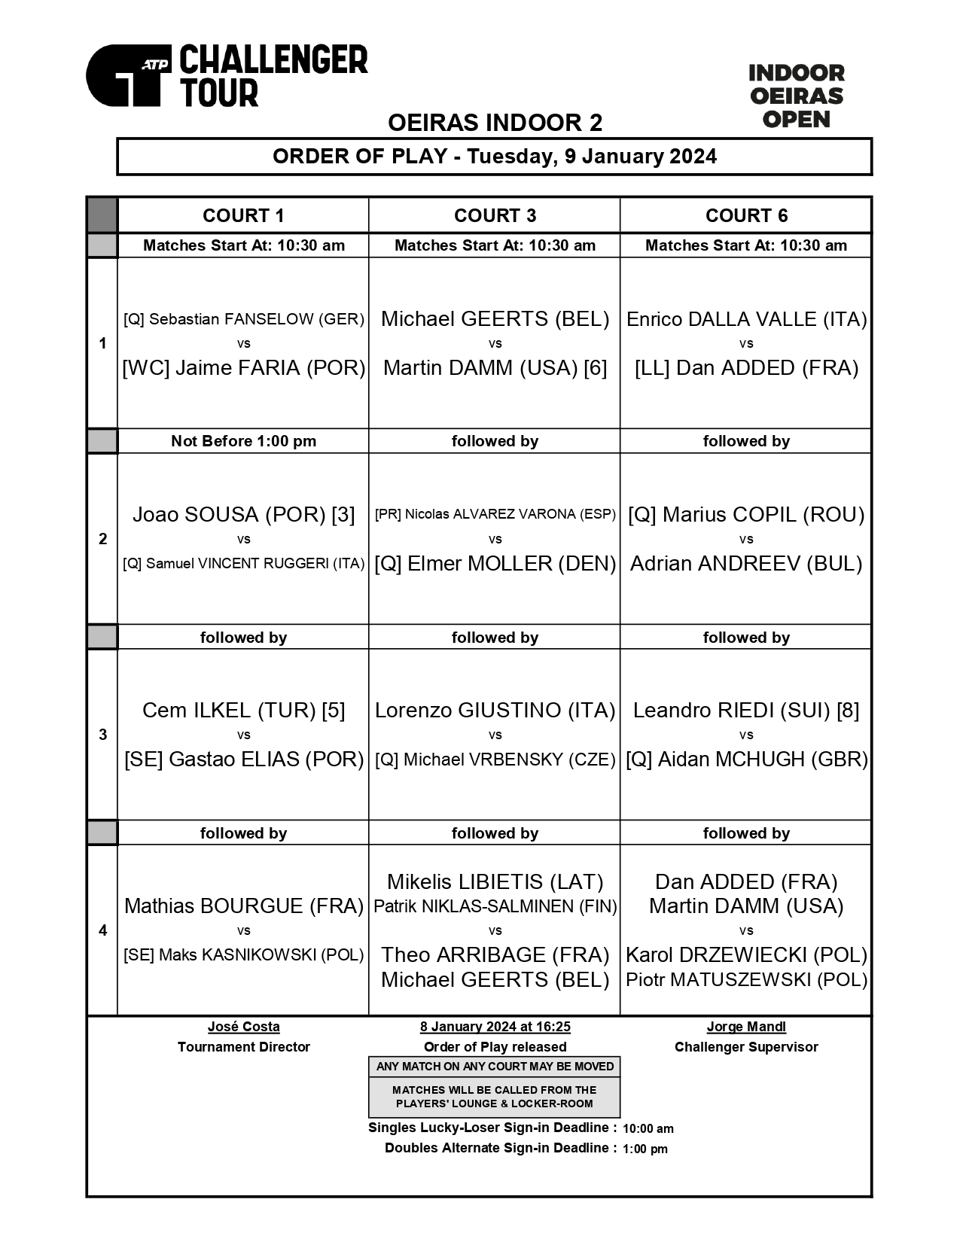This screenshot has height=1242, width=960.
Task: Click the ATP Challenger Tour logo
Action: [x=226, y=75]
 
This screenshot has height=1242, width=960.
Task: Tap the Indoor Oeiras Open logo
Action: [x=796, y=96]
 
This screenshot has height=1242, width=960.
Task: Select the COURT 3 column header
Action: [x=495, y=216]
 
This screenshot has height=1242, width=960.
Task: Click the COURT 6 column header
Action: [x=746, y=216]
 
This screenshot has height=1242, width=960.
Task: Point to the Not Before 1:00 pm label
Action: [x=243, y=441]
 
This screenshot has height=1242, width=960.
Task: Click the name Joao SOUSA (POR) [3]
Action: [x=243, y=515]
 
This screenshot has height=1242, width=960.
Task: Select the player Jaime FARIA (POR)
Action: [x=243, y=368]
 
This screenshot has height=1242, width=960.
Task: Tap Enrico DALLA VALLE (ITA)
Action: [x=746, y=319]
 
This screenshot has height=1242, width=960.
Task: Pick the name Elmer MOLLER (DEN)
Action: [x=495, y=564]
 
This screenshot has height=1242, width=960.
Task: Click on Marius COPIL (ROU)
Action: [x=746, y=515]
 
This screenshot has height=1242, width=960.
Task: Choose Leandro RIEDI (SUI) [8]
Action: [x=746, y=711]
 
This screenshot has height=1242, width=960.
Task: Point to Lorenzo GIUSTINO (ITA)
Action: [x=495, y=711]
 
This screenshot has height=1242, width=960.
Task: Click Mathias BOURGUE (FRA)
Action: [x=243, y=906]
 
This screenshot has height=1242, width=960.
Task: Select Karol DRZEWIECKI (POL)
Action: [x=746, y=955]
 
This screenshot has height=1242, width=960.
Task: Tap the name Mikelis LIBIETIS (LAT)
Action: [x=495, y=882]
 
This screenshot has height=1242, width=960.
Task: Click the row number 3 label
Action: [x=103, y=735]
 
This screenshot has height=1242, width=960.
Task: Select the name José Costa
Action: [x=243, y=1027]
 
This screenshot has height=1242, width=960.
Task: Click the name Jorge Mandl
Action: [x=746, y=1027]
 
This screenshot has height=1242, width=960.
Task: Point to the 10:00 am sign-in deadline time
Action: [x=648, y=1129]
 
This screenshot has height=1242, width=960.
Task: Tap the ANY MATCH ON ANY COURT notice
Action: [x=495, y=1067]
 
